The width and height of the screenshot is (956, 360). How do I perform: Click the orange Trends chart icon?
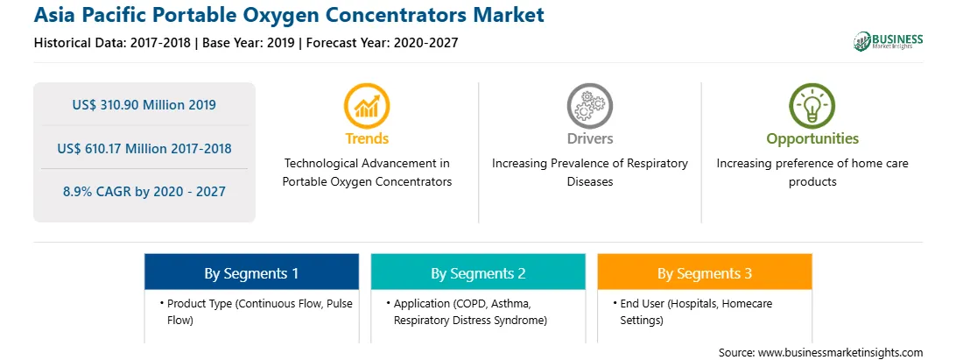point(367,106)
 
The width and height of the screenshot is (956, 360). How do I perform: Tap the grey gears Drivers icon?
point(589,106)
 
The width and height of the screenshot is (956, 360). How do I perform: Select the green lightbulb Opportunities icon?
point(812,106)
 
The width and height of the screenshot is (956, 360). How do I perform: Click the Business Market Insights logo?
point(889,41)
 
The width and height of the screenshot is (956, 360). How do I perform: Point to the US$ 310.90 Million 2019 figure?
point(144,105)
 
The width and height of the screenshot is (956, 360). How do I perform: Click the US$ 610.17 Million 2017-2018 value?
point(144,148)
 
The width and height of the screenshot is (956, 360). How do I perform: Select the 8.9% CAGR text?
point(144,192)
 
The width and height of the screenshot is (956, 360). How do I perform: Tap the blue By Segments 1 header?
point(251,272)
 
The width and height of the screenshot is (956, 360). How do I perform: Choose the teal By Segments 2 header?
point(478,272)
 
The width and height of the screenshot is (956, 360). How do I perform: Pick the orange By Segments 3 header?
point(704,272)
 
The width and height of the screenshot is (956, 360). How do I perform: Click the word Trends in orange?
point(367,138)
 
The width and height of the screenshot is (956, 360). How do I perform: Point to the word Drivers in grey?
point(589,138)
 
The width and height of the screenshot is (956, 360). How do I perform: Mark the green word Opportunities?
point(812,139)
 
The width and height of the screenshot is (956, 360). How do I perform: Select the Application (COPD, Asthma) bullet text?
point(467,312)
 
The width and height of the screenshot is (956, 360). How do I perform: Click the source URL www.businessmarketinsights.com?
point(840,353)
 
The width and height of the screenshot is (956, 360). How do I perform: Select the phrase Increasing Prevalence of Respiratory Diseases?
point(589,173)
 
